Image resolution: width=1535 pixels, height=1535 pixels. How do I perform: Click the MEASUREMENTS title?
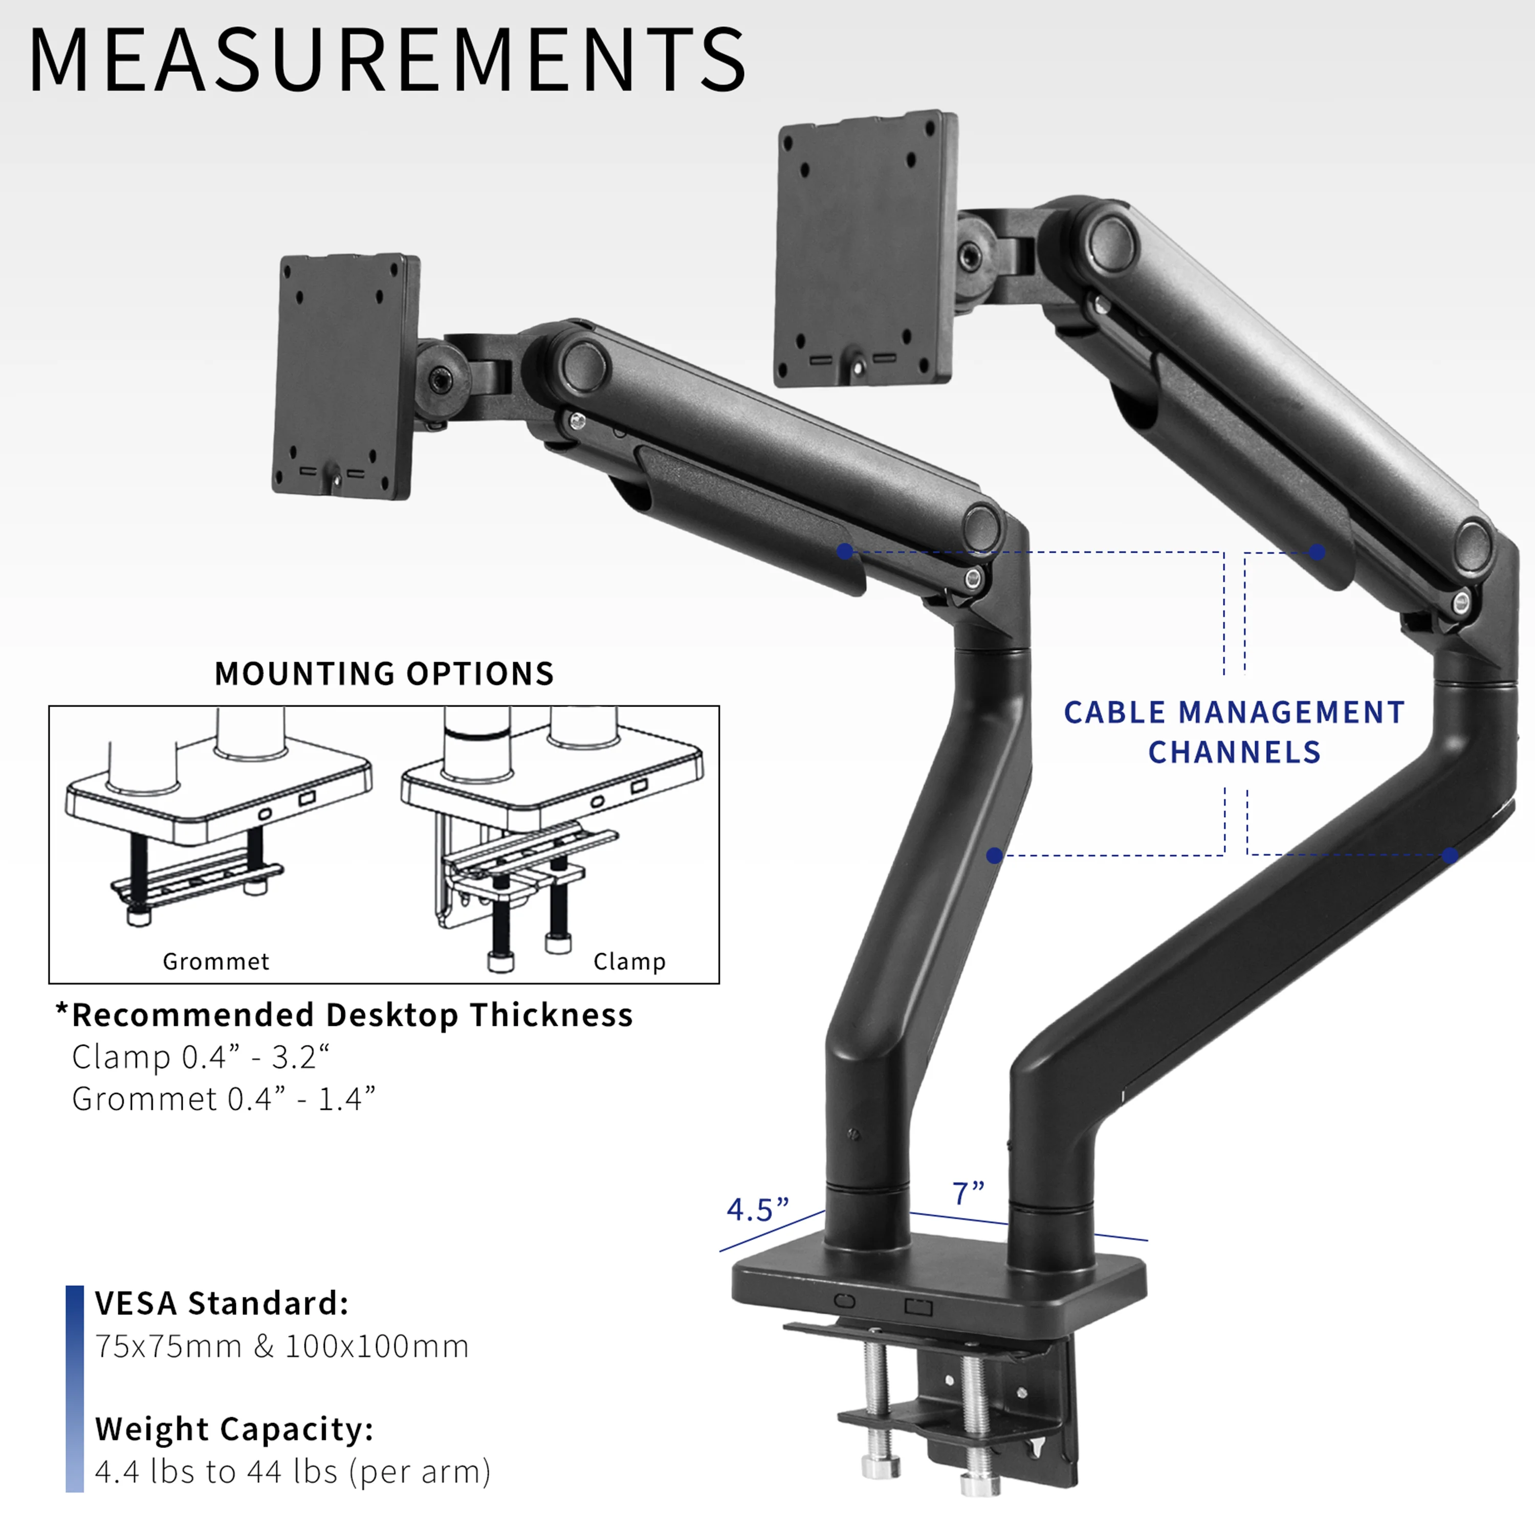[x=387, y=59]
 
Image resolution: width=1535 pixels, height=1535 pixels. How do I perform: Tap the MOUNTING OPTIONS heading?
[x=384, y=674]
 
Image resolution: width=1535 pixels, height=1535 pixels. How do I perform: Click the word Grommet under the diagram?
[x=216, y=962]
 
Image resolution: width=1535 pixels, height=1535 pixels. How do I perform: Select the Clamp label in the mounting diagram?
[x=629, y=961]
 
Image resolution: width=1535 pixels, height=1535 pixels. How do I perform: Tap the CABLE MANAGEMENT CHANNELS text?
[x=1234, y=732]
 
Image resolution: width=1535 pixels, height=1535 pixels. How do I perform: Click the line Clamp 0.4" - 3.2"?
[x=200, y=1058]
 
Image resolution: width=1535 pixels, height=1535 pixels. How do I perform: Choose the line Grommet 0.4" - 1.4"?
[x=223, y=1100]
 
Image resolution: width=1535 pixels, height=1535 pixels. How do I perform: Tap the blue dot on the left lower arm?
[x=994, y=856]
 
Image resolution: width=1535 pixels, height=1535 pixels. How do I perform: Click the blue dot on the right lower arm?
[x=1450, y=856]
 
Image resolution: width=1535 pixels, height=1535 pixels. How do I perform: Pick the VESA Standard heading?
[x=222, y=1304]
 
